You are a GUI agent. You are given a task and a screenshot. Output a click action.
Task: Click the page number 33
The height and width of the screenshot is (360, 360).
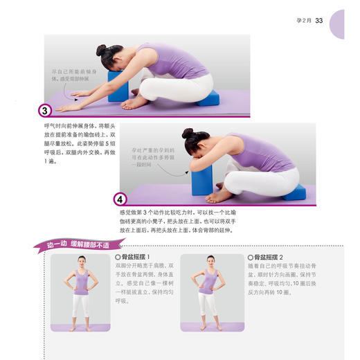[x=319, y=20]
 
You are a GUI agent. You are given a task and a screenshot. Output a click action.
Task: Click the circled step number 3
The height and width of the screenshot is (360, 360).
[x=43, y=110]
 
